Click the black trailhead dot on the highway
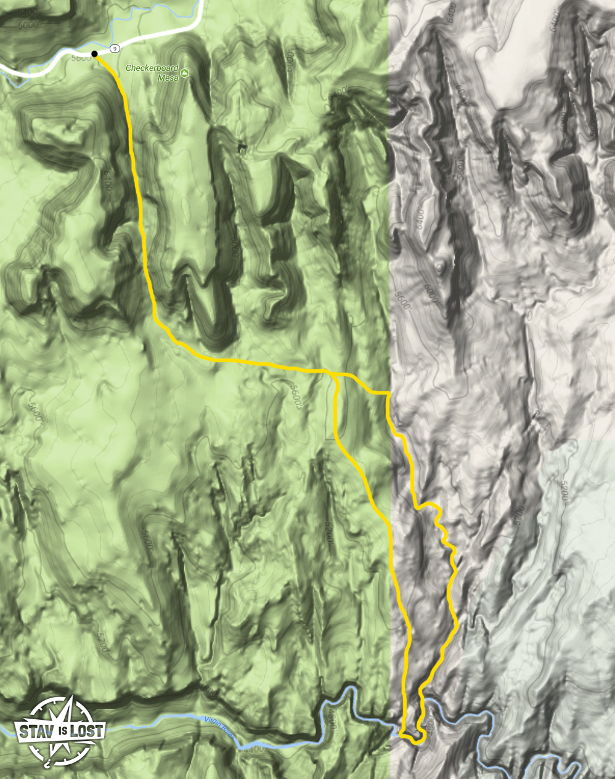point(94,54)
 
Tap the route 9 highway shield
point(115,47)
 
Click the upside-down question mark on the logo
point(47,765)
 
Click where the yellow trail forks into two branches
point(333,373)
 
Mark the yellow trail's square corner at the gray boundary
point(388,393)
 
